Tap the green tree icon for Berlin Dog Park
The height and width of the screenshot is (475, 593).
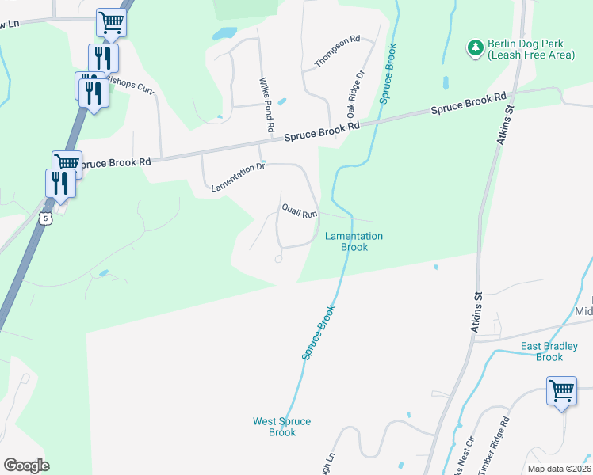pyautogui.click(x=476, y=48)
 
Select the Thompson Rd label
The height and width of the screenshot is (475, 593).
pyautogui.click(x=338, y=51)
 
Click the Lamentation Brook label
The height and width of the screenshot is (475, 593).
pyautogui.click(x=354, y=241)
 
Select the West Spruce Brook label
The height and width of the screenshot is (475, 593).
pyautogui.click(x=282, y=427)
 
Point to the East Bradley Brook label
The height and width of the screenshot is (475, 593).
pyautogui.click(x=553, y=351)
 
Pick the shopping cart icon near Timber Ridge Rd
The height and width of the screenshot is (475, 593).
pyautogui.click(x=561, y=391)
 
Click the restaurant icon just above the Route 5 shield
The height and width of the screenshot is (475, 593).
pyautogui.click(x=61, y=184)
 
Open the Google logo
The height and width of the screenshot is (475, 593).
pyautogui.click(x=26, y=465)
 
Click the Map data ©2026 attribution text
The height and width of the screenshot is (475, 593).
pyautogui.click(x=559, y=469)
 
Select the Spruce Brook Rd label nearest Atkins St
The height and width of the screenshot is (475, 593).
pyautogui.click(x=469, y=104)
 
